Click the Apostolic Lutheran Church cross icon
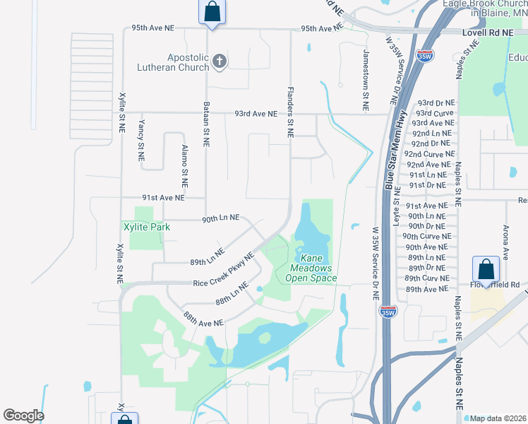pyautogui.click(x=219, y=61)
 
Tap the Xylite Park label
pyautogui.click(x=147, y=228)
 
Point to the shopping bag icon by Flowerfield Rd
pyautogui.click(x=486, y=269)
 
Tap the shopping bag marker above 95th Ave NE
pyautogui.click(x=212, y=11)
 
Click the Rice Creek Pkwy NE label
pyautogui.click(x=223, y=269)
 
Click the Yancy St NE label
pyautogui.click(x=141, y=137)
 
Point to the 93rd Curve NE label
pyautogui.click(x=435, y=113)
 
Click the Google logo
pyautogui.click(x=23, y=416)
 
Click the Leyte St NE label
pyautogui.click(x=397, y=202)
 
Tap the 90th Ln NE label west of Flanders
pyautogui.click(x=221, y=218)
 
